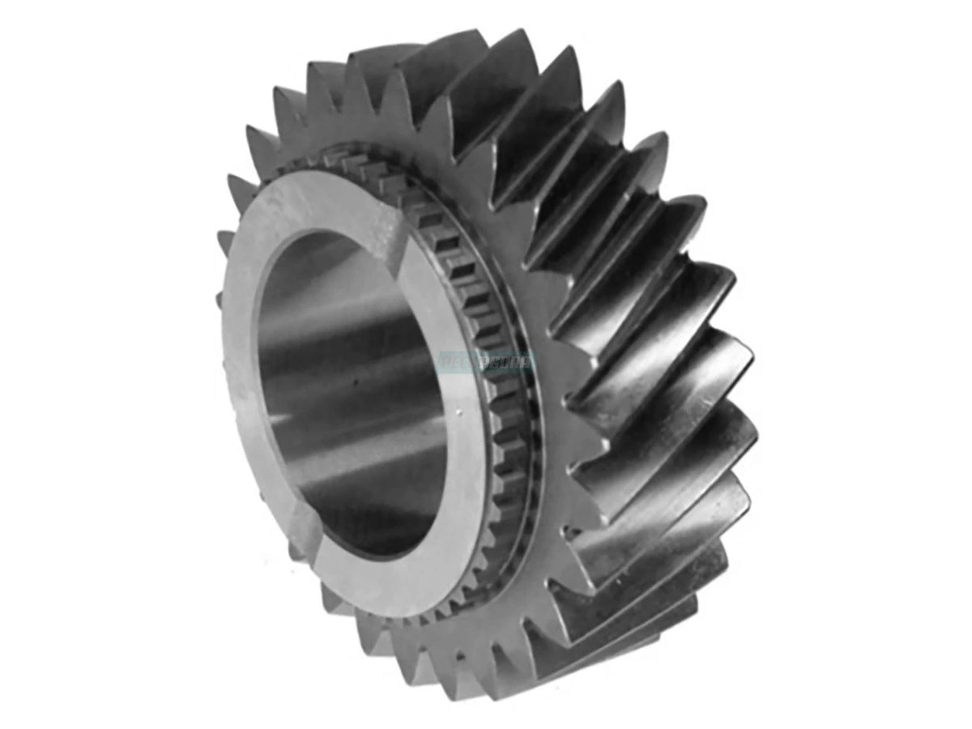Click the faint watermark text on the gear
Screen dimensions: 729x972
click(x=487, y=362)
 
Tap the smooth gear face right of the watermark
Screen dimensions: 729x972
click(x=559, y=364)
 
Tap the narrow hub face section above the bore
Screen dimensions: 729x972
click(x=324, y=202)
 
